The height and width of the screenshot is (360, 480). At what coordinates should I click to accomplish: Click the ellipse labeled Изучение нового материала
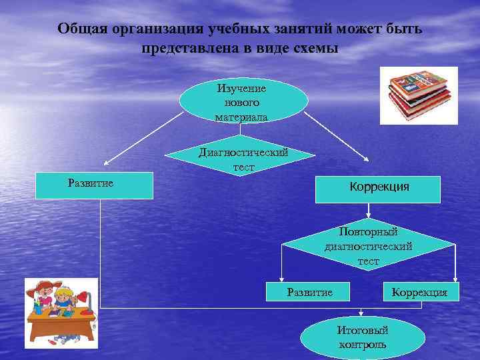243,102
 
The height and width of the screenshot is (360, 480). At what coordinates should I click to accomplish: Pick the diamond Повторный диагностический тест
369,245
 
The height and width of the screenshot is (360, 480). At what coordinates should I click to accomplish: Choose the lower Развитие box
309,292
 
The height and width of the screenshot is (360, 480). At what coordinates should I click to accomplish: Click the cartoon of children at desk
61,313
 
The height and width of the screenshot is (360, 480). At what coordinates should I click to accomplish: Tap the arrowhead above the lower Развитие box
283,279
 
